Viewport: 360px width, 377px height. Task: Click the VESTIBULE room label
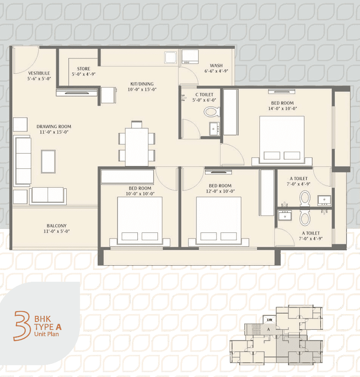(39, 73)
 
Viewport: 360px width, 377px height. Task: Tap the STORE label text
(84, 69)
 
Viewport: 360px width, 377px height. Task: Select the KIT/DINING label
(142, 84)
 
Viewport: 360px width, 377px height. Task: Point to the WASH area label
(216, 66)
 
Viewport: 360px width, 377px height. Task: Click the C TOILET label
(204, 94)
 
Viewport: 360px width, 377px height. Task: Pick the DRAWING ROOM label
(54, 127)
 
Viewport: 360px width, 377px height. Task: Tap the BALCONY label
(57, 226)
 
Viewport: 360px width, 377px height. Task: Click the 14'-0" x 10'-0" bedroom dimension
(282, 108)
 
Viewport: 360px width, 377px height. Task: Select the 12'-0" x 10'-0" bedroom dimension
(220, 191)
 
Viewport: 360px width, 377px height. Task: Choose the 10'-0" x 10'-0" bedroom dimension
(140, 194)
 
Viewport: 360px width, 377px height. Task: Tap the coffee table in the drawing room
(48, 162)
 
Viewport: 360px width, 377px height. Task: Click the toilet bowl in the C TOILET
(212, 112)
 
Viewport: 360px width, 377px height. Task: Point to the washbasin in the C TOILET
(214, 129)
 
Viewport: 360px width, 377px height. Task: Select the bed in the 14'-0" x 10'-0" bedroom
(282, 141)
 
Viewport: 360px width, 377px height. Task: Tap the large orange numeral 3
(22, 326)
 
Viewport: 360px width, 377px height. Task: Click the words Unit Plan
(47, 334)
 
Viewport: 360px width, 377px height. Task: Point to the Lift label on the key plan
(270, 320)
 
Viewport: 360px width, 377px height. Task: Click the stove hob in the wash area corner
(190, 57)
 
